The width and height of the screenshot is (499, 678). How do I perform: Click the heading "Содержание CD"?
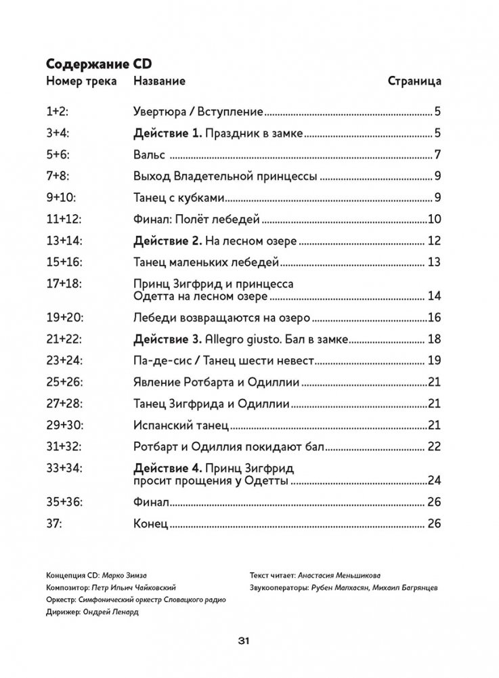pyautogui.click(x=98, y=64)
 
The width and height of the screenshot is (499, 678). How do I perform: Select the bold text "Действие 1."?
pyautogui.click(x=166, y=133)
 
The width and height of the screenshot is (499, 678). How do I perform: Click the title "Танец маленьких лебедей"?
pyautogui.click(x=204, y=262)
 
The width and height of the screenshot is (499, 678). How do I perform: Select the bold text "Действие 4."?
pyautogui.click(x=166, y=468)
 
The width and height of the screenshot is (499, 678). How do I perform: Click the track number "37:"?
pyautogui.click(x=56, y=524)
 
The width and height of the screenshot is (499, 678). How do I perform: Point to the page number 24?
pyautogui.click(x=435, y=480)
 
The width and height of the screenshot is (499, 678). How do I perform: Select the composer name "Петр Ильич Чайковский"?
pyautogui.click(x=135, y=587)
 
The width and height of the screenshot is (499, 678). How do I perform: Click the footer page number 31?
pyautogui.click(x=244, y=641)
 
